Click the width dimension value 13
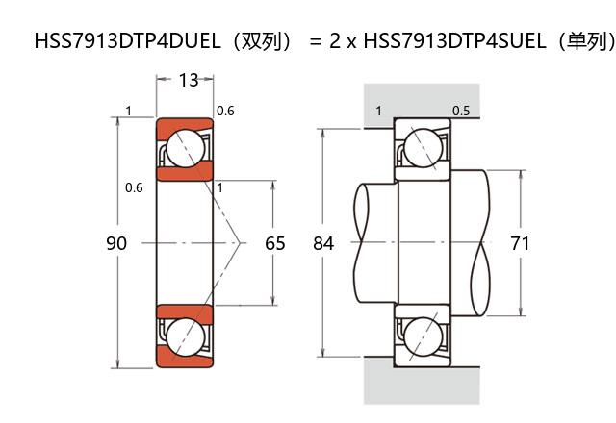coord(189,80)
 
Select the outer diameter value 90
coord(115,243)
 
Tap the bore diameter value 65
coord(275,243)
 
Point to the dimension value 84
coord(323,243)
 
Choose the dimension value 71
coord(520,243)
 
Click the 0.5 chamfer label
coord(461,111)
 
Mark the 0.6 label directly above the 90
coord(134,187)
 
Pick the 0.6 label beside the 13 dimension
coord(225,112)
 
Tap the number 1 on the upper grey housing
coord(378,111)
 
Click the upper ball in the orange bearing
coord(185,149)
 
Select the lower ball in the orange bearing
coord(185,336)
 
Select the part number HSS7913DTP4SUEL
coord(440,41)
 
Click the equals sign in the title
coord(314,42)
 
